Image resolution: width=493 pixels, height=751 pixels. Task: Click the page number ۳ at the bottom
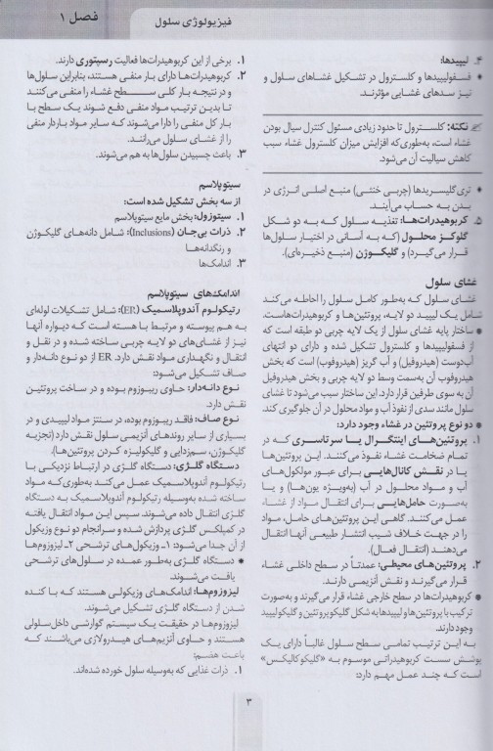click(x=247, y=726)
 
